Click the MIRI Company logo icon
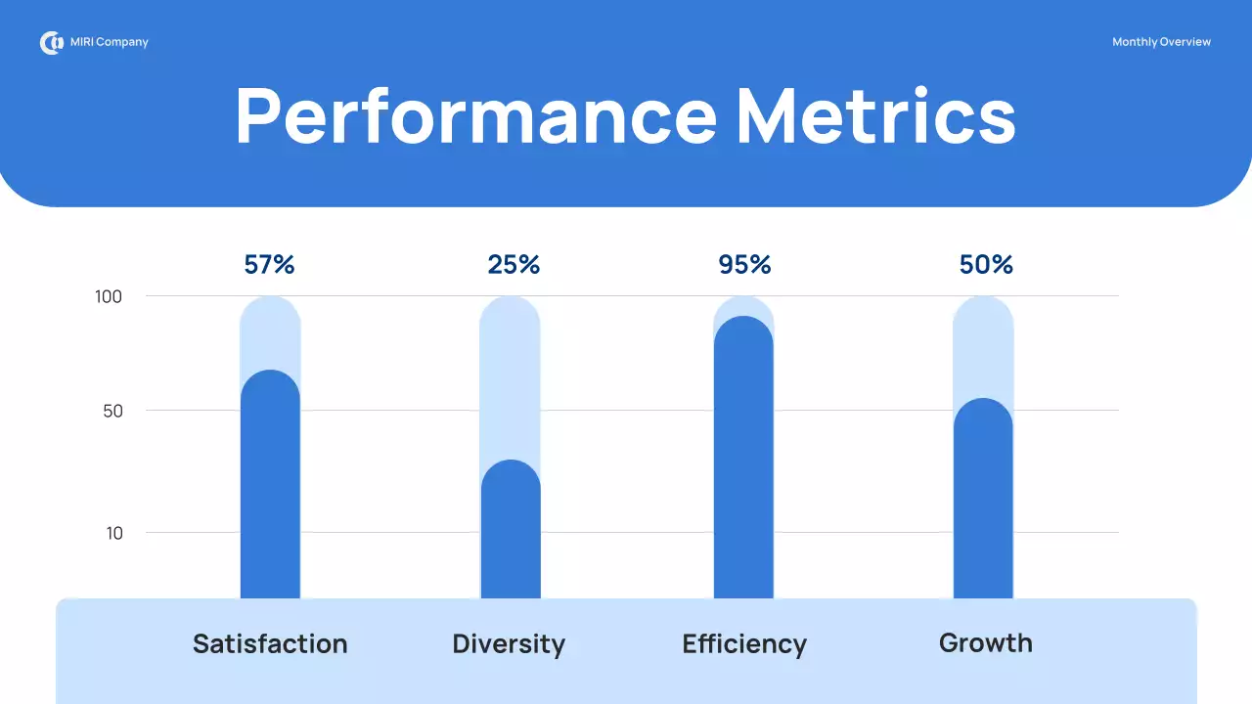51,43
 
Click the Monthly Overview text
1161,42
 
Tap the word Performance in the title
476,116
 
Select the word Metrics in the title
875,116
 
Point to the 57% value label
269,264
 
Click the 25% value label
514,264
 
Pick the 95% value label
745,264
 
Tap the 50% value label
986,264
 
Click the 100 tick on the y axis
109,296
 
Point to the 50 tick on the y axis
113,411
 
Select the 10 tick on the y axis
114,533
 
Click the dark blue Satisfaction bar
270,489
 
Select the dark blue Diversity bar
511,533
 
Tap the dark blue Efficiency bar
743,460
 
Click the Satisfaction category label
270,643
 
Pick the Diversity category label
509,644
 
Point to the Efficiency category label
744,644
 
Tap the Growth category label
985,642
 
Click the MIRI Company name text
110,43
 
